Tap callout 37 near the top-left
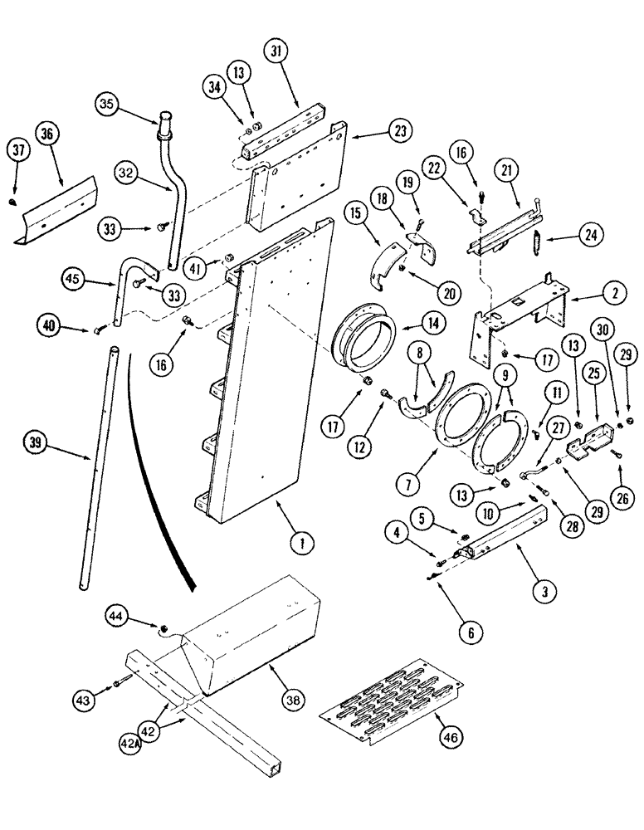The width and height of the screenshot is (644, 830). pos(19,149)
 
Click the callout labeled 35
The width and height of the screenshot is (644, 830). pos(106,106)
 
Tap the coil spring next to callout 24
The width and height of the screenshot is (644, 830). pos(535,247)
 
